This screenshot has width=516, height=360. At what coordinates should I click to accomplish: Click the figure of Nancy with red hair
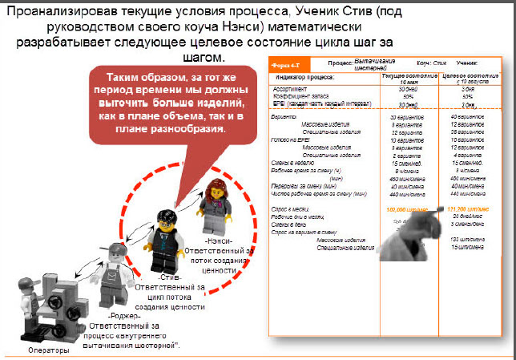click(215, 204)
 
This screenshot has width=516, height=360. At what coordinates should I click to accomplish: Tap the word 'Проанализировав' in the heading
click(65, 10)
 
